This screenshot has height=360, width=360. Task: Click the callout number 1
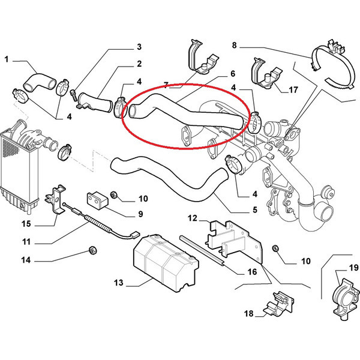[7, 59]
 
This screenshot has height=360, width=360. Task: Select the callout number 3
[139, 47]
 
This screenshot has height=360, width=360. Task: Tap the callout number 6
[233, 73]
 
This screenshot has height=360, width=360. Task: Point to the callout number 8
[234, 45]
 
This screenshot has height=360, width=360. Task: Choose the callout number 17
[293, 90]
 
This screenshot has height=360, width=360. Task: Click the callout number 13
[118, 283]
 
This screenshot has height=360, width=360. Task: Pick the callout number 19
[353, 268]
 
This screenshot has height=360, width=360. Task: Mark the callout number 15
[26, 224]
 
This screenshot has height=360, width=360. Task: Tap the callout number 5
[255, 209]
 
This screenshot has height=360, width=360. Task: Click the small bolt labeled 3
[73, 95]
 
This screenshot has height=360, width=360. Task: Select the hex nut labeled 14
[92, 250]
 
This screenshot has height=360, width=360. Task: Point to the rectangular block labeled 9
[97, 200]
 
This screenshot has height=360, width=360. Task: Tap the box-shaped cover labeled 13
[166, 262]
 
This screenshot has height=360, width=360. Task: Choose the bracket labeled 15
[55, 199]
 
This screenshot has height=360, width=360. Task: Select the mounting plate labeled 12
[235, 241]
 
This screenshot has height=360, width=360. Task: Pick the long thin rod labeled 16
[202, 251]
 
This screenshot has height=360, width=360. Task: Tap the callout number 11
[26, 242]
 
